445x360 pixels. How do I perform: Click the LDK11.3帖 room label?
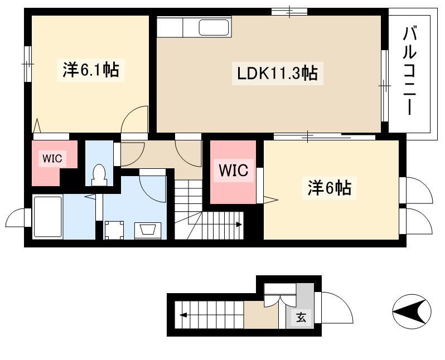[277, 74]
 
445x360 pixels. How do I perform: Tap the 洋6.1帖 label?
[90, 70]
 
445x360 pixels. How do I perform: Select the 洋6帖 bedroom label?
[329, 187]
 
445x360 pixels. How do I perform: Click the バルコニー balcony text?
[410, 71]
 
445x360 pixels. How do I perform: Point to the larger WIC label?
[234, 170]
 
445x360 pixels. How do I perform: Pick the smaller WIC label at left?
[52, 158]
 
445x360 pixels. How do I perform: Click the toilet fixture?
[99, 175]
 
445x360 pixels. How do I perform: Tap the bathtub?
[48, 216]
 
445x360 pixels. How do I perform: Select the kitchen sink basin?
[214, 27]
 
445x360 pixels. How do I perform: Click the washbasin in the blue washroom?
[148, 230]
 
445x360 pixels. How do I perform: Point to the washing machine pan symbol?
[114, 230]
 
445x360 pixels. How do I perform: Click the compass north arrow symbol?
[412, 311]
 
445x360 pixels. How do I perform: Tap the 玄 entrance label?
[301, 318]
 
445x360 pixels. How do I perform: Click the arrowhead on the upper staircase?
[239, 225]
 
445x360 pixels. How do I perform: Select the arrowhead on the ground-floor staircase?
[183, 315]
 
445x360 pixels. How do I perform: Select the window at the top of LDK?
[289, 12]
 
